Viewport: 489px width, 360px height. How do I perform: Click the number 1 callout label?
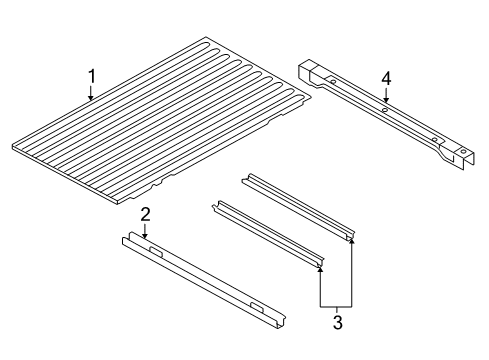(x=91, y=76)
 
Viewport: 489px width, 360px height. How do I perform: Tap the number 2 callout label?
(x=145, y=213)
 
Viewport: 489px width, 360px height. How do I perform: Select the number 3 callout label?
(x=337, y=322)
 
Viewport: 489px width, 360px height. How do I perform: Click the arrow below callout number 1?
(x=91, y=97)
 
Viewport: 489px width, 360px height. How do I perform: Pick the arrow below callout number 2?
(x=145, y=232)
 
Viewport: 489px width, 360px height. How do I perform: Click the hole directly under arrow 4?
(x=385, y=110)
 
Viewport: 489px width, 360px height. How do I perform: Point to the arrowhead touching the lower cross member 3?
(x=320, y=267)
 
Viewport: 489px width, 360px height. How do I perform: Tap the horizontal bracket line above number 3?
(x=337, y=304)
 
